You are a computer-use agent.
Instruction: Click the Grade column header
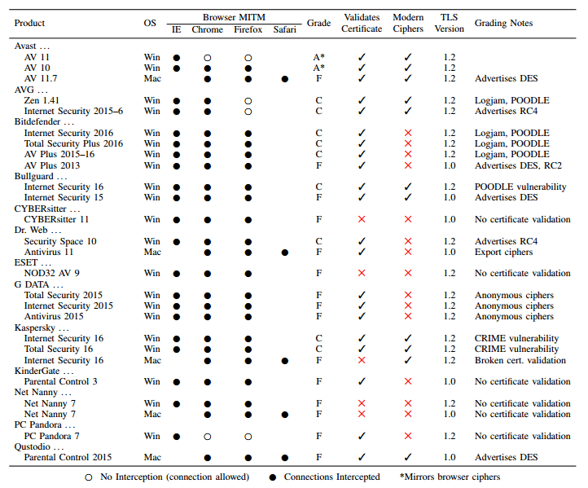tap(318, 23)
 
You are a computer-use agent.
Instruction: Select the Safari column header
tap(285, 30)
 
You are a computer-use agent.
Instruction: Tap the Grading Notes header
tap(503, 23)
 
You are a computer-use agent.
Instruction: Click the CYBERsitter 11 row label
tap(56, 219)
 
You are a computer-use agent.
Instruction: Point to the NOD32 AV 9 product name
tap(51, 273)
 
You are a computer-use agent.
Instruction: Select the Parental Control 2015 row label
tap(67, 457)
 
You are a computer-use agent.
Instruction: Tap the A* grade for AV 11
tap(318, 57)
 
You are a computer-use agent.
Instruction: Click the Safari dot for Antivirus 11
tap(284, 252)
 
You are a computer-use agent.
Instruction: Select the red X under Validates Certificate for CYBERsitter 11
tap(362, 219)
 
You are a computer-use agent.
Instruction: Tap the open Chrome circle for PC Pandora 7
tap(208, 436)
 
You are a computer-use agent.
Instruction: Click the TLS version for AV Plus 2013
tap(448, 165)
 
